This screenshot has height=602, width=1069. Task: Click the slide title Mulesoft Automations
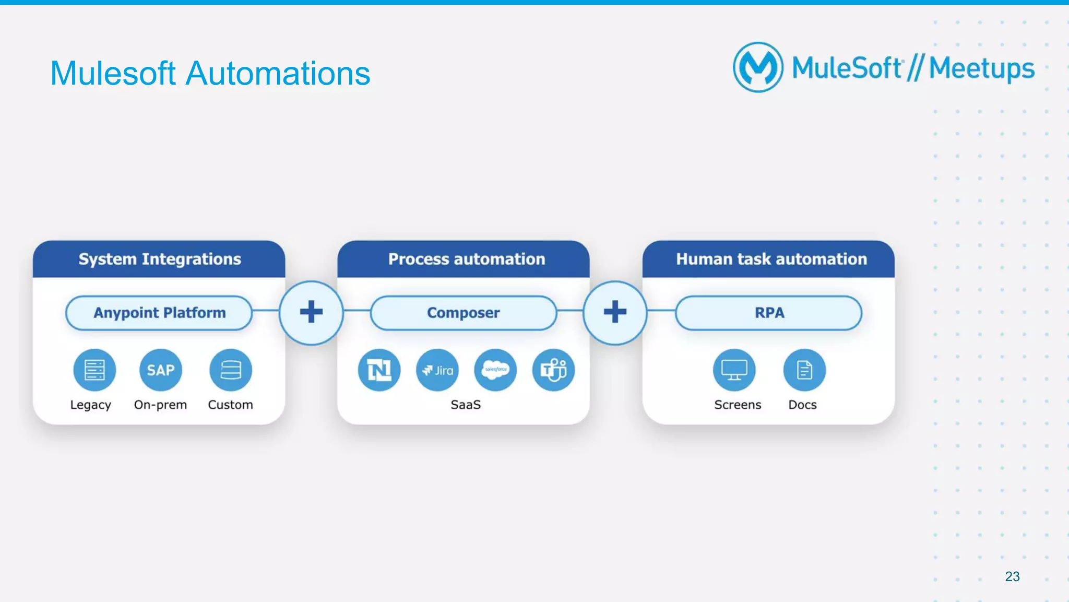click(210, 73)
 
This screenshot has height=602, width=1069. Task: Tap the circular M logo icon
click(758, 67)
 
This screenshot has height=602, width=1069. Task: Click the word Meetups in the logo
click(981, 68)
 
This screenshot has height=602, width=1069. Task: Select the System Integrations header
click(159, 259)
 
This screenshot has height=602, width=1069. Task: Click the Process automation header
click(466, 259)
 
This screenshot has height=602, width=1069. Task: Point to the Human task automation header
click(771, 259)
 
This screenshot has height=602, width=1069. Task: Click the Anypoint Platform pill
click(159, 313)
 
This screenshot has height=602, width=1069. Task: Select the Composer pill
click(463, 313)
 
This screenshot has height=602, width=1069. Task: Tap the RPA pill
click(769, 313)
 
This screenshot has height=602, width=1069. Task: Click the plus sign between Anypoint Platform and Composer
click(311, 312)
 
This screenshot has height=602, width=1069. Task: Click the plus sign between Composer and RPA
click(615, 312)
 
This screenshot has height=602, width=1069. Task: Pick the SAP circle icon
click(160, 370)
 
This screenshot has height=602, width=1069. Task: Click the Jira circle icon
click(437, 370)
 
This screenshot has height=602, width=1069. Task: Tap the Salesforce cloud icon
click(495, 370)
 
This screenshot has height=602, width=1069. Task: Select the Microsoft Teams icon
click(553, 370)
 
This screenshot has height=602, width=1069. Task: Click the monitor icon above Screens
click(734, 370)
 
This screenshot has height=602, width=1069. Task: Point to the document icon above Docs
click(804, 370)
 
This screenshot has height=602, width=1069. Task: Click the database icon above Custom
click(230, 370)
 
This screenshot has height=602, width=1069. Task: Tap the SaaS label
click(466, 405)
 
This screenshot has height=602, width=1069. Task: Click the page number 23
click(1012, 576)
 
